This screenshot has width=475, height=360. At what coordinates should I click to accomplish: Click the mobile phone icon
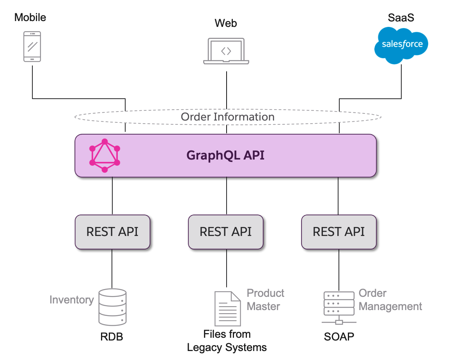tap(32, 46)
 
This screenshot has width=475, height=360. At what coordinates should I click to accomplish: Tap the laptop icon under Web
tap(226, 51)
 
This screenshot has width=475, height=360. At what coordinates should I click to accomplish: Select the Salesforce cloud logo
tap(402, 44)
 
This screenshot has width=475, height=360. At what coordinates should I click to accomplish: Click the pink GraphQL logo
tap(105, 156)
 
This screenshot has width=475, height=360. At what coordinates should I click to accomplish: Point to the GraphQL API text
tap(225, 155)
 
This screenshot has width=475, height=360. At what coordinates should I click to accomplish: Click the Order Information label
tap(227, 117)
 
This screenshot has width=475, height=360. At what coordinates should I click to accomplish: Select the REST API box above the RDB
tap(112, 232)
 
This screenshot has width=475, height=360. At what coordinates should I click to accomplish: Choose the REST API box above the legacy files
tap(225, 232)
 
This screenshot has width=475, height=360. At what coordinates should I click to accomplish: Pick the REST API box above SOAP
tap(339, 232)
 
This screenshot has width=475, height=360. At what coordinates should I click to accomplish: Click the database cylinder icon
tap(112, 307)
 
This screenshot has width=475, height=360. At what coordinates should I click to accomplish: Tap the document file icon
tap(227, 309)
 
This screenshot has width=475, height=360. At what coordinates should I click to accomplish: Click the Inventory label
tap(71, 300)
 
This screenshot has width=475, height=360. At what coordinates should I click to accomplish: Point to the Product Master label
tap(265, 300)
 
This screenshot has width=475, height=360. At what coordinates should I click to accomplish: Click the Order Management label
tap(390, 300)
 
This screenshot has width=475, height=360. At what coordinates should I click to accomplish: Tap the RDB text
tap(112, 337)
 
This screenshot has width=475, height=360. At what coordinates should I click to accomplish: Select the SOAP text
tap(339, 337)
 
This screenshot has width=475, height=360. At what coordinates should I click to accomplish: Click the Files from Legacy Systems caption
tap(227, 340)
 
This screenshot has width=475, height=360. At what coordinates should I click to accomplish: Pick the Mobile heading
tap(30, 18)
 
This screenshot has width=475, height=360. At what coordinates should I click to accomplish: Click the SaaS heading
tap(401, 18)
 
